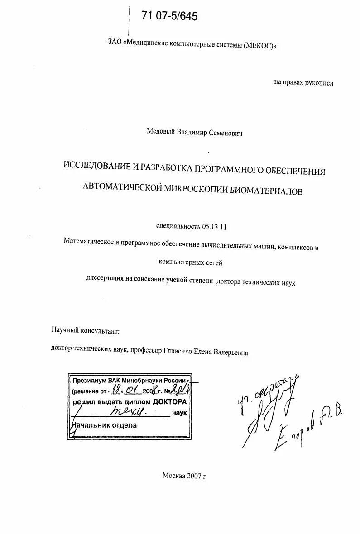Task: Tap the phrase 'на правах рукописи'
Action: tap(303, 83)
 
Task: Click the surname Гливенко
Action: tap(180, 353)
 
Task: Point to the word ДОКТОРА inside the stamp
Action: tap(169, 402)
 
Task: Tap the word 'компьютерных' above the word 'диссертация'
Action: tap(179, 262)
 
